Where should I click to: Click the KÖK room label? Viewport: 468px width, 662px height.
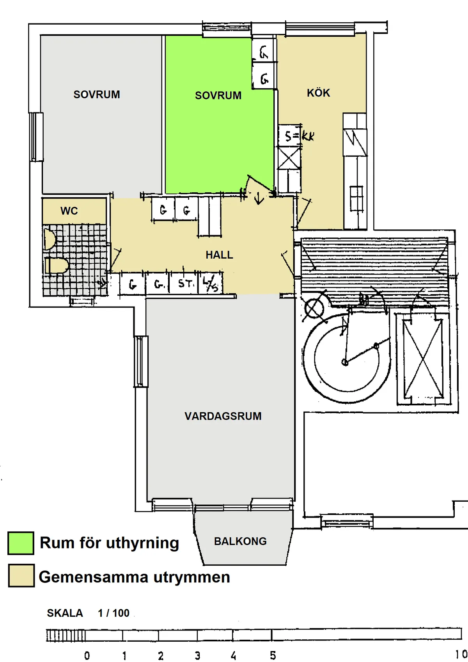click(x=318, y=93)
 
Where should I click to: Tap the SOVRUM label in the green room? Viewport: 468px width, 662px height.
click(x=218, y=96)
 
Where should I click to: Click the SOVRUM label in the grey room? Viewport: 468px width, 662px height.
click(x=97, y=94)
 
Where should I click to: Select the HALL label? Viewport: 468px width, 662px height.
click(x=219, y=255)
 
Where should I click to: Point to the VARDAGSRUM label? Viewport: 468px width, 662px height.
click(x=223, y=416)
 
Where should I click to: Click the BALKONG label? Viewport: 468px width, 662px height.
click(x=240, y=541)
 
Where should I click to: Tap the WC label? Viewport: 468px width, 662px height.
click(x=69, y=211)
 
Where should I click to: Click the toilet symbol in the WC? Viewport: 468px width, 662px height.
click(x=57, y=266)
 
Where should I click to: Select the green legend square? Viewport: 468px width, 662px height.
click(x=21, y=543)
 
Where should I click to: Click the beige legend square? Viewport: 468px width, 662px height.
click(x=21, y=575)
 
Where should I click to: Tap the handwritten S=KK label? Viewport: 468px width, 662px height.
click(x=299, y=136)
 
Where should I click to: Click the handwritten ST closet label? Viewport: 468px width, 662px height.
click(x=185, y=283)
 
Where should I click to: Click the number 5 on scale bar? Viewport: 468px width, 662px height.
click(x=273, y=655)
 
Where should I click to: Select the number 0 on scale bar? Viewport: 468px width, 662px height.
click(x=87, y=656)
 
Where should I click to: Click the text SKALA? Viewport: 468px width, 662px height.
click(x=65, y=613)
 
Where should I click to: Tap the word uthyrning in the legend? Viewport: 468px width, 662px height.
click(x=142, y=543)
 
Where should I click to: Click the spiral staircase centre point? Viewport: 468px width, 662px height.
click(x=345, y=362)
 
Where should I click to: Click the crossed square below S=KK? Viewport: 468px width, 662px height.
click(x=289, y=158)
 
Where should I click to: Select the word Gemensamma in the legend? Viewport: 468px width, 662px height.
click(x=93, y=577)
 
